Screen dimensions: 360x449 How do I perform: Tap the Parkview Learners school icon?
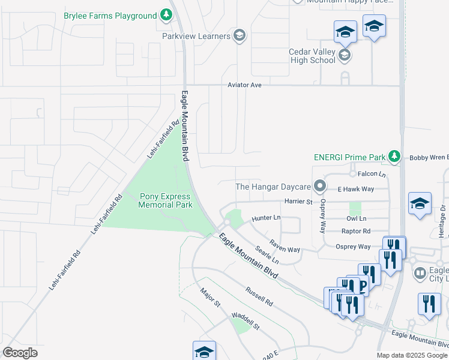pyautogui.click(x=240, y=36)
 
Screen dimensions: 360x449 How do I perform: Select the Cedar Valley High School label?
pyautogui.click(x=312, y=56)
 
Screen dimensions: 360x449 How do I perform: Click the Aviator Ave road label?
pyautogui.click(x=244, y=85)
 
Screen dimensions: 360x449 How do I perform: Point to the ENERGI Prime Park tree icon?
pyautogui.click(x=394, y=157)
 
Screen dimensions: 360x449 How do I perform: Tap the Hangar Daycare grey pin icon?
pyautogui.click(x=320, y=187)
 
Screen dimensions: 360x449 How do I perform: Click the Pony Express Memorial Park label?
pyautogui.click(x=165, y=200)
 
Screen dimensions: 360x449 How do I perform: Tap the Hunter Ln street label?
pyautogui.click(x=266, y=218)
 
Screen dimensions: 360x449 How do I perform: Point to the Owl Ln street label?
pyautogui.click(x=356, y=218)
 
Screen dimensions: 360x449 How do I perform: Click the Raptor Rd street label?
pyautogui.click(x=355, y=231)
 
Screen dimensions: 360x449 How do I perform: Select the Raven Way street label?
pyautogui.click(x=284, y=246)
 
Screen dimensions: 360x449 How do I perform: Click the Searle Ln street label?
pyautogui.click(x=267, y=255)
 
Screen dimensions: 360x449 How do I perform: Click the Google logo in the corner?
pyautogui.click(x=20, y=352)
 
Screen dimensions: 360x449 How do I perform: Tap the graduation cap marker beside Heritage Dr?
pyautogui.click(x=420, y=203)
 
